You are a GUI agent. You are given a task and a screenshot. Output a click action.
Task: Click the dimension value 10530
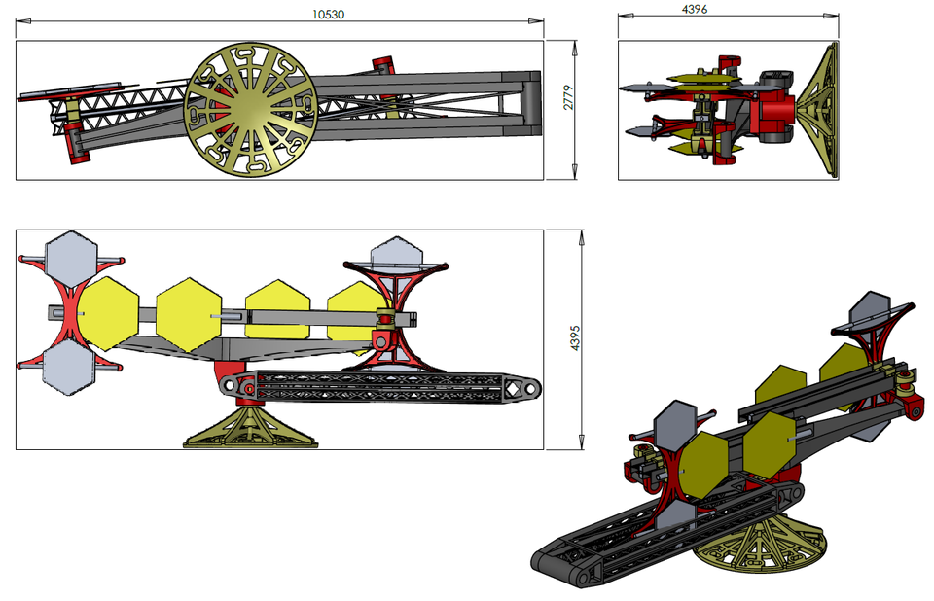pyautogui.click(x=328, y=14)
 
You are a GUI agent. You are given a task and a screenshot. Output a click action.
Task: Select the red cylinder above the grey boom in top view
pyautogui.click(x=383, y=65)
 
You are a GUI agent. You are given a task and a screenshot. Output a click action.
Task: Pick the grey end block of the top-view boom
pyautogui.click(x=530, y=102)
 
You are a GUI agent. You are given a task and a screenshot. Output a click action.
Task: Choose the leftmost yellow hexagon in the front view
pyautogui.click(x=109, y=313)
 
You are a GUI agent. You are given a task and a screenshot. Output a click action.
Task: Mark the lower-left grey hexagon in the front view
pyautogui.click(x=68, y=369)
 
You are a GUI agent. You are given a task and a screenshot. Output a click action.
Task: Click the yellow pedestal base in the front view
pyautogui.click(x=250, y=430)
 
